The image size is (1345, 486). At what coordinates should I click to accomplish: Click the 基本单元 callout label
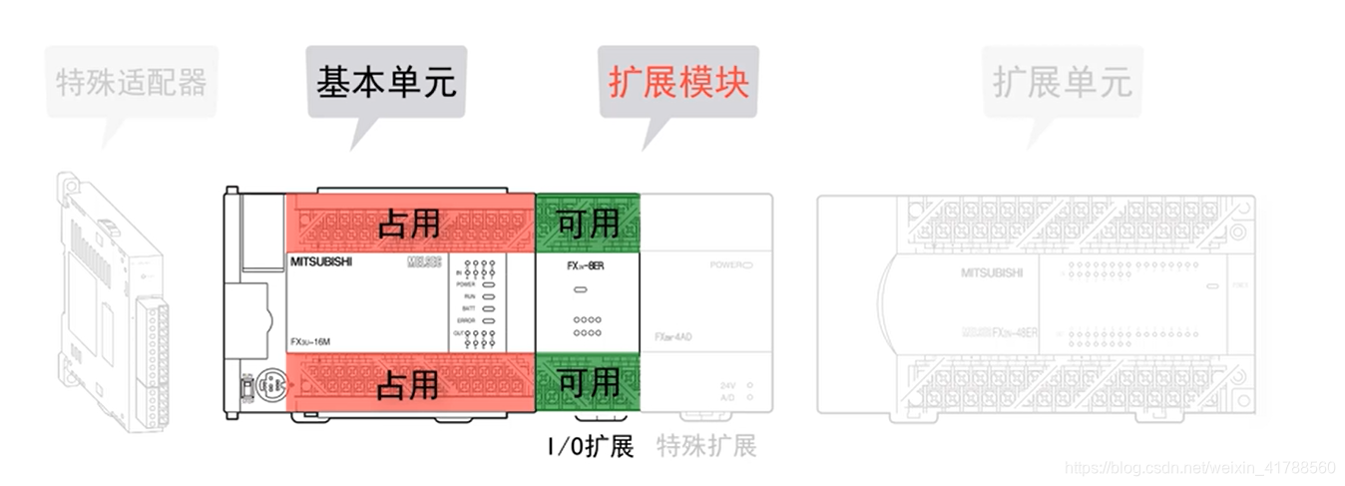pos(386,81)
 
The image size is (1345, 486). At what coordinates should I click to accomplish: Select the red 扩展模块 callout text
pos(677,81)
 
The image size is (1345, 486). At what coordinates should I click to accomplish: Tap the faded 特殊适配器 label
pos(131,81)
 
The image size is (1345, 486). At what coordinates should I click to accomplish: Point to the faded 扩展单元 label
pos(1062,81)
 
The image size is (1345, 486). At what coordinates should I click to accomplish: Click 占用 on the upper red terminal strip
pos(409,224)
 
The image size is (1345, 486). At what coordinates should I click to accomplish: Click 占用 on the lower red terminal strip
pos(409,383)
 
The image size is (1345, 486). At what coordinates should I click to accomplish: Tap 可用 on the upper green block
pos(588,224)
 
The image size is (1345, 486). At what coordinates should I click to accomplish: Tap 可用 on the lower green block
pos(588,383)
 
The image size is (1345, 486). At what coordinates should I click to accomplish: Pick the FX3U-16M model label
pos(312,341)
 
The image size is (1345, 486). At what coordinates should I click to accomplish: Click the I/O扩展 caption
pos(590,446)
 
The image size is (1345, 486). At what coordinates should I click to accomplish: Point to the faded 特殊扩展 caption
pos(706,446)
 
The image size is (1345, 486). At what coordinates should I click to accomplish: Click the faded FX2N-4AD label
pos(673,336)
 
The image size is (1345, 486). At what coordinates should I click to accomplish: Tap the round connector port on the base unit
pos(268,383)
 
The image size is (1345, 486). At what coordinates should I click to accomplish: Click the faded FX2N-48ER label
pos(1001,331)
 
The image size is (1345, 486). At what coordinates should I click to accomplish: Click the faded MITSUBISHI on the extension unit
pos(991,271)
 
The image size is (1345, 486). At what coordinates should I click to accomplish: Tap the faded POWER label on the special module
pos(728,264)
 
